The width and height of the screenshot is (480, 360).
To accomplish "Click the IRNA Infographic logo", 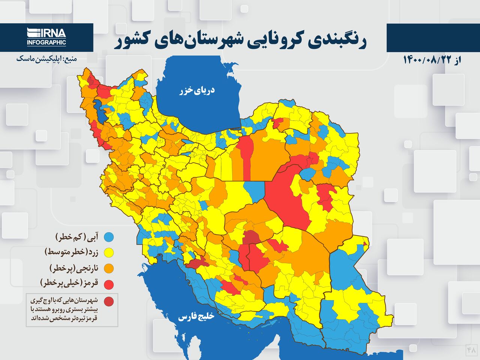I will coord(46,37).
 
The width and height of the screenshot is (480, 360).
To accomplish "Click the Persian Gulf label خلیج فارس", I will coord(196,317).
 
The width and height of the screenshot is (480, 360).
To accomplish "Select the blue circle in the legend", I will coord(109,237).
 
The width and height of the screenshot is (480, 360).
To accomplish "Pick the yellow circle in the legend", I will coord(109,253).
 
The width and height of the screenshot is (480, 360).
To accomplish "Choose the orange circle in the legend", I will coord(109,268).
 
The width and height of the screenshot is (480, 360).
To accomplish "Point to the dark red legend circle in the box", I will coord(109,301).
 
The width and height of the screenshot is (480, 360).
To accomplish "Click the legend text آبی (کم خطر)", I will coord(77,237).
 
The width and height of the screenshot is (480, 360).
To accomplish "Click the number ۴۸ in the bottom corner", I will coord(471,350).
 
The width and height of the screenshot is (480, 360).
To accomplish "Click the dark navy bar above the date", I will coord(433,37).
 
